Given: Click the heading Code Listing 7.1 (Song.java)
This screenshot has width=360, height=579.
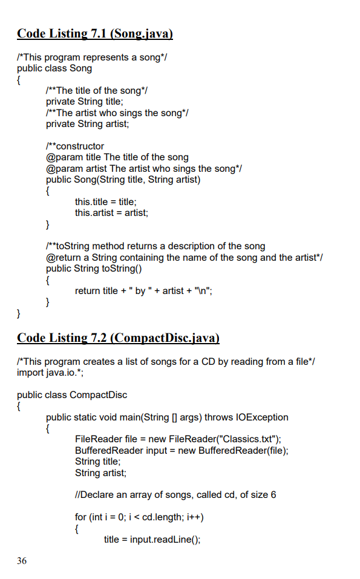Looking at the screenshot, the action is (x=95, y=33).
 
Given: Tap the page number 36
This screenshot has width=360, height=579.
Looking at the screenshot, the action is (x=22, y=561).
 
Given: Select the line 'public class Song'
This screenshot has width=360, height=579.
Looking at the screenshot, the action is (x=54, y=68).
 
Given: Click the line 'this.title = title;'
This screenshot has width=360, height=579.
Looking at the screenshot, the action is (x=106, y=201).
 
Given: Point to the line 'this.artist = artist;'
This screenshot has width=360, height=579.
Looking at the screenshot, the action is (x=111, y=212).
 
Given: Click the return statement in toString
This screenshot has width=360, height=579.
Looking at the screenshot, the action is (x=143, y=290).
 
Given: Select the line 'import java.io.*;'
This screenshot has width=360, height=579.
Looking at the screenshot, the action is (x=50, y=371).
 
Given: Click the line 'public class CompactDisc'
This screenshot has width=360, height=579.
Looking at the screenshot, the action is (x=72, y=394).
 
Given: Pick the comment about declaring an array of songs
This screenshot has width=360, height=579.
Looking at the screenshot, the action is (x=175, y=495).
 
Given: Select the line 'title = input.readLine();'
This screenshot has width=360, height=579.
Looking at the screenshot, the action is (x=152, y=540).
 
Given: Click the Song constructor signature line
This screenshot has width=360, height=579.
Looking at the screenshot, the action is (x=123, y=179).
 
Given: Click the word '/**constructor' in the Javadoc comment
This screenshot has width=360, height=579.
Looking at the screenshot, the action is (x=75, y=146).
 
